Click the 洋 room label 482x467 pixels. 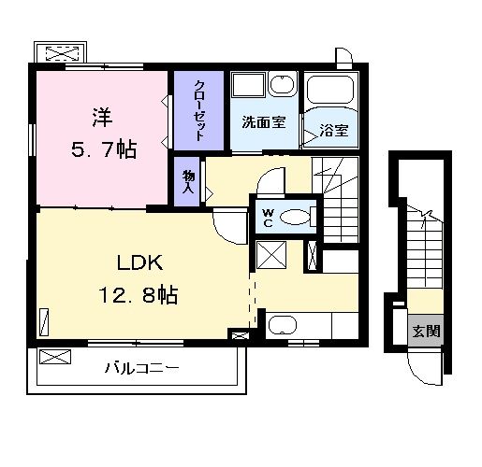click(x=102, y=118)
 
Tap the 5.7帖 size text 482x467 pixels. click(x=102, y=149)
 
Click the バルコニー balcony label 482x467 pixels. click(x=141, y=368)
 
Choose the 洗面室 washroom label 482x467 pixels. click(x=263, y=122)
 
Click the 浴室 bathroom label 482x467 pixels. click(x=334, y=130)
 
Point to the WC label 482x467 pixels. click(x=267, y=218)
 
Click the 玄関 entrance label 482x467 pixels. click(x=426, y=331)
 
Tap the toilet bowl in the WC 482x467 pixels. click(x=295, y=218)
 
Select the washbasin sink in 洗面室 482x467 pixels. click(x=282, y=87)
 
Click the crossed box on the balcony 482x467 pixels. click(x=56, y=357)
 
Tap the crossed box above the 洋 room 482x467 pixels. click(x=61, y=52)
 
